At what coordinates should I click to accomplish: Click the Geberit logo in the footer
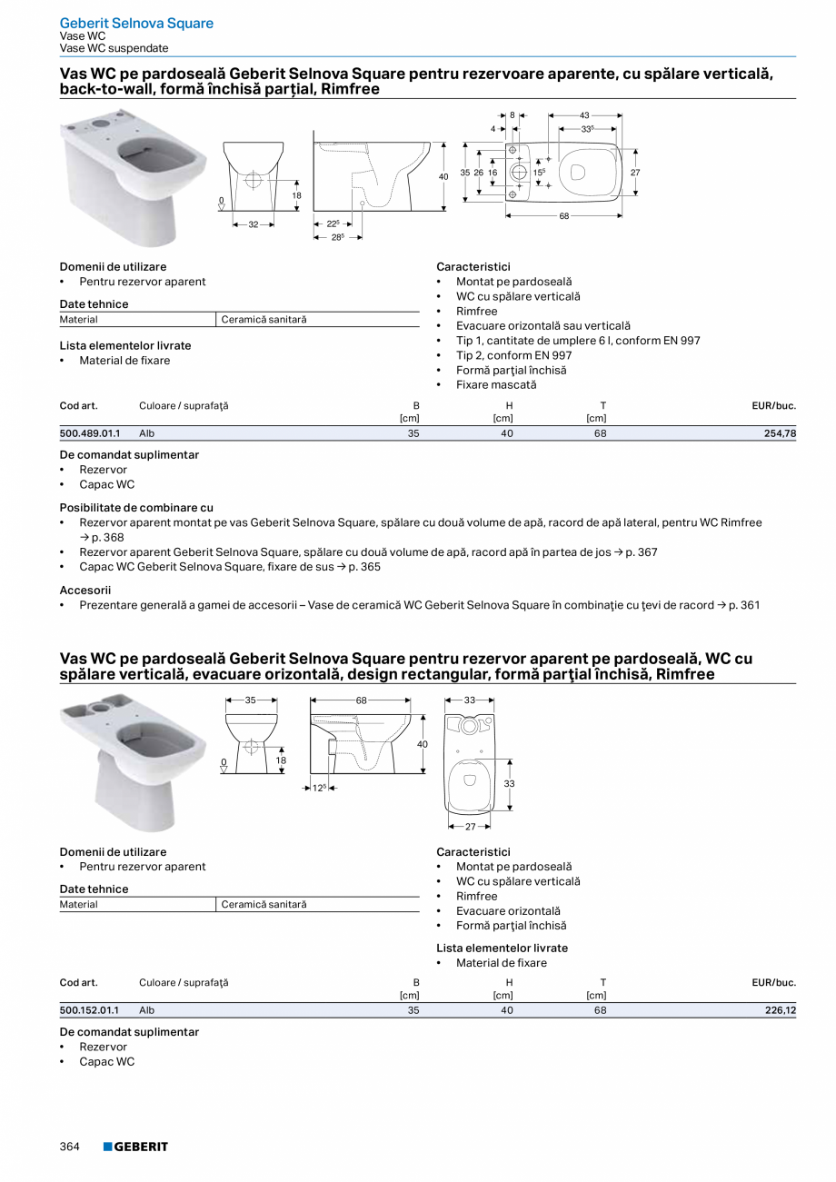click(135, 1147)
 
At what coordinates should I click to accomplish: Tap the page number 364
click(70, 1147)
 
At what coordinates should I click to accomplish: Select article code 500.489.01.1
click(89, 434)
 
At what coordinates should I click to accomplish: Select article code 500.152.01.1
click(89, 1010)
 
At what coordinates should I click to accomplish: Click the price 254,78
click(780, 434)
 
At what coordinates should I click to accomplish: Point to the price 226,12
click(780, 1010)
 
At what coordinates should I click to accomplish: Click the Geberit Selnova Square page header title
click(136, 23)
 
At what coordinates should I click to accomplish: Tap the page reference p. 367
click(642, 552)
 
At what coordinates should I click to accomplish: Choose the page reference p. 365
click(364, 567)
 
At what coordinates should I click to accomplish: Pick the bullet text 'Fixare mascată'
click(496, 385)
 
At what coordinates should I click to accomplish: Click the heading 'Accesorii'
click(85, 591)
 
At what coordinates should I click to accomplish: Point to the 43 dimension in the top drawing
click(584, 115)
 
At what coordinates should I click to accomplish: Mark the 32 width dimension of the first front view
click(254, 224)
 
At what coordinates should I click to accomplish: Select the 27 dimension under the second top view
click(470, 827)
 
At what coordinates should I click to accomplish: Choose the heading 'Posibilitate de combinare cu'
click(136, 508)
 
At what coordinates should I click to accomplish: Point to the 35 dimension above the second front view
click(251, 700)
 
